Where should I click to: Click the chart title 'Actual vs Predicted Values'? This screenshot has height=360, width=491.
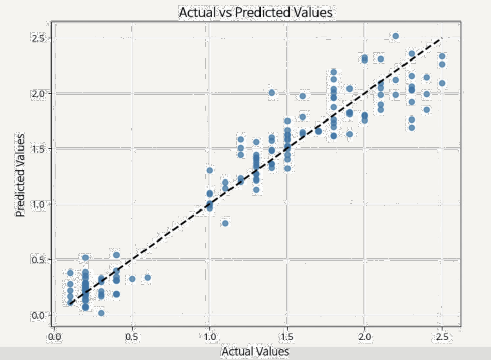pyautogui.click(x=255, y=12)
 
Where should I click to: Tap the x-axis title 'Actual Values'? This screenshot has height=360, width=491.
pyautogui.click(x=255, y=351)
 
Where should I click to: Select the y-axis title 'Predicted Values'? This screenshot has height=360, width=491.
pyautogui.click(x=20, y=175)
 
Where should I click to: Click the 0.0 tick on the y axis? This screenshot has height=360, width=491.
pyautogui.click(x=39, y=315)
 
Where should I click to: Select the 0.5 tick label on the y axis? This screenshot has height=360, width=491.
pyautogui.click(x=39, y=260)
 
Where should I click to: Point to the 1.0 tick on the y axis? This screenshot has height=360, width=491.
pyautogui.click(x=39, y=204)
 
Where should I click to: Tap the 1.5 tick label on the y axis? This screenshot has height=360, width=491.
pyautogui.click(x=39, y=149)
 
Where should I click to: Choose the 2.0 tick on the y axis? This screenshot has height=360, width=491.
pyautogui.click(x=39, y=94)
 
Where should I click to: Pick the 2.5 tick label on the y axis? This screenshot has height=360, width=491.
pyautogui.click(x=39, y=38)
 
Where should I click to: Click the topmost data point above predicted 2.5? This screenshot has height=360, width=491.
pyautogui.click(x=395, y=36)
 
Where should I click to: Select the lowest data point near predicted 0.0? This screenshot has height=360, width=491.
pyautogui.click(x=101, y=313)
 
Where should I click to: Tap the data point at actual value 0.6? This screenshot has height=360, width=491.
pyautogui.click(x=148, y=278)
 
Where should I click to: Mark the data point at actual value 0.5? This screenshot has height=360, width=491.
pyautogui.click(x=132, y=279)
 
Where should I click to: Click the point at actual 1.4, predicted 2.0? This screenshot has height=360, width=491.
pyautogui.click(x=272, y=93)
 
